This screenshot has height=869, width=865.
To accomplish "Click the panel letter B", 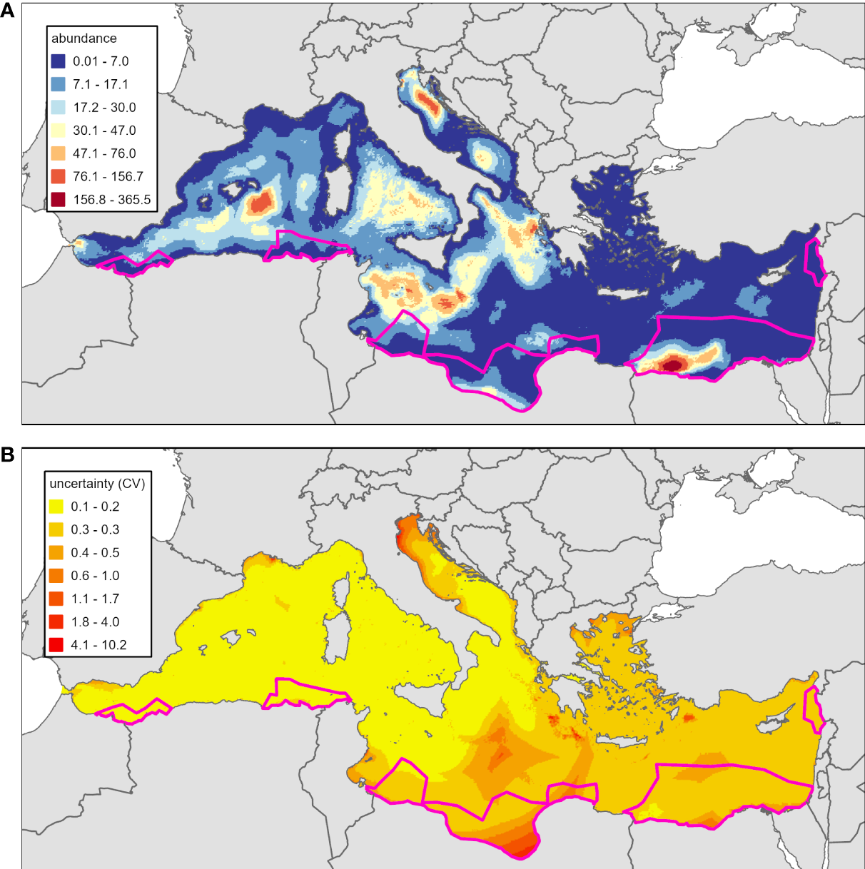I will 8,454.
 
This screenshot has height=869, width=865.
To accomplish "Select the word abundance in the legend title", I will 84,39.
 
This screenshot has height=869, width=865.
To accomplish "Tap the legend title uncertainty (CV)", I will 97,484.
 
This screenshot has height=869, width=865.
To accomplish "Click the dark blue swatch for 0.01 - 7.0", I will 58,61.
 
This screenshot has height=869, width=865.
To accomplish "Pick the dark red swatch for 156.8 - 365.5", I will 58,200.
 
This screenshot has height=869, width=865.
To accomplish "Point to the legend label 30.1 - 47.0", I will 104,131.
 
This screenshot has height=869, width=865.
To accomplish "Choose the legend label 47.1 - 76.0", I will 104,153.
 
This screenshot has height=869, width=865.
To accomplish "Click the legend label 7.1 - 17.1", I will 101,84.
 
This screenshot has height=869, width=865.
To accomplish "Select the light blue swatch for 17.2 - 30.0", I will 58,108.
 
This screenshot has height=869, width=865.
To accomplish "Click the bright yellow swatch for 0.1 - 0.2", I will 56,507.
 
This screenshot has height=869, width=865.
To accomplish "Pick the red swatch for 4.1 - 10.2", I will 56,645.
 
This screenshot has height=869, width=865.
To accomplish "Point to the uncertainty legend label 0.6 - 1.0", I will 95,576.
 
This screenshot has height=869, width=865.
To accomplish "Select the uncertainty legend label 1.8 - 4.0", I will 95,622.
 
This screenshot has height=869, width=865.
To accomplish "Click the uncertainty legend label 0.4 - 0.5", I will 95,553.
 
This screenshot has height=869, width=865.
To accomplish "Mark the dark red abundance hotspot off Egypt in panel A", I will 672,365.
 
